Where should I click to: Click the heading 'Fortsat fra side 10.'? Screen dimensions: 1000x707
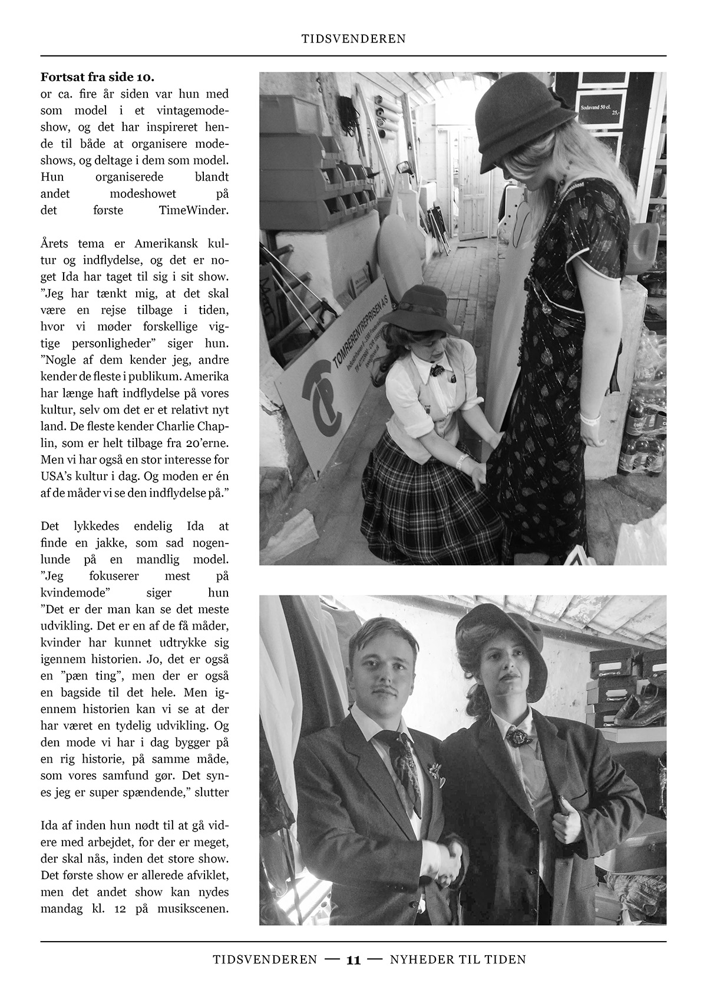coord(98,77)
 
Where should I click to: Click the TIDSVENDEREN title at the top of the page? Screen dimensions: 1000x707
coord(353,39)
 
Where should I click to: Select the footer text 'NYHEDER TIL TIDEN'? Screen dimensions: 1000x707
coord(458,960)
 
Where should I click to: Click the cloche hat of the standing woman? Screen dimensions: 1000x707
coord(518,124)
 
